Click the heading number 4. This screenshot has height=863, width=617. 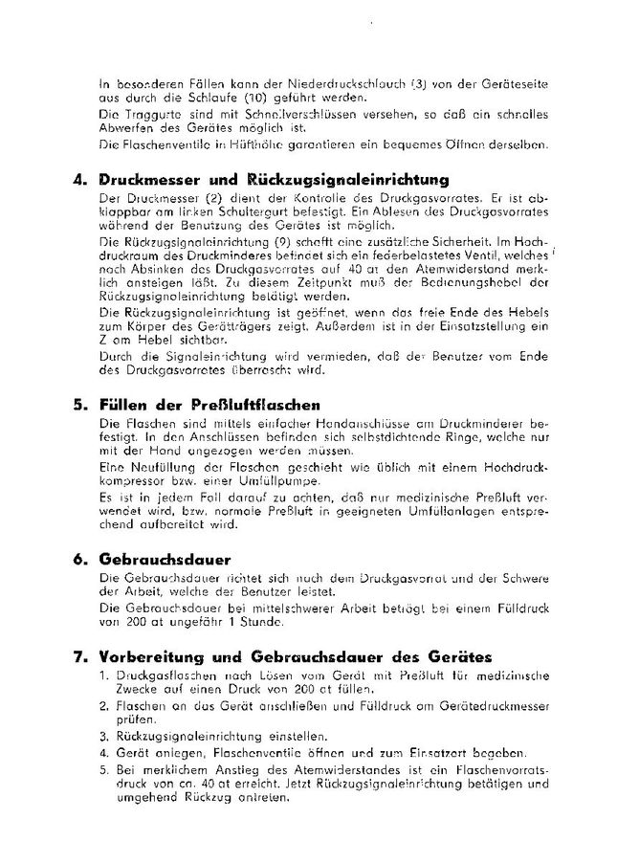tap(78, 179)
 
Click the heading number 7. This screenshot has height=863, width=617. tap(78, 656)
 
